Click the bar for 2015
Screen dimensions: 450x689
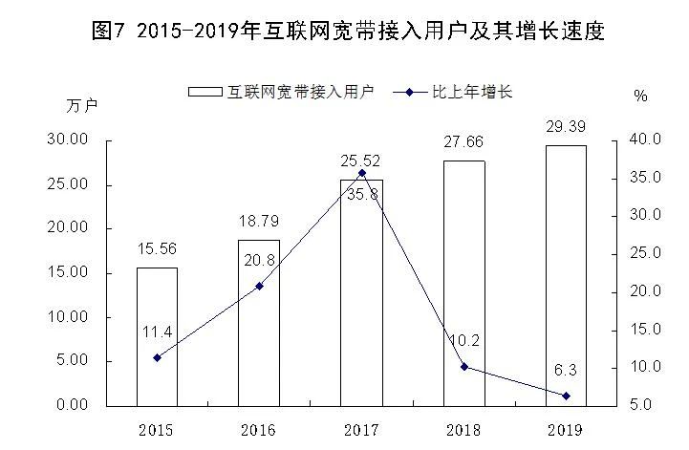157,335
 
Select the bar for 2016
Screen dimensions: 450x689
258,322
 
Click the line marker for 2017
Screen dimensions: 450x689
361,173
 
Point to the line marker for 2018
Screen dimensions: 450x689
464,367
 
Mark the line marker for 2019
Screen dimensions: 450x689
566,396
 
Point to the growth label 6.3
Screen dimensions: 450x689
566,369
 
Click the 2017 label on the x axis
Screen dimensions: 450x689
361,429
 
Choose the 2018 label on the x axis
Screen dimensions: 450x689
464,429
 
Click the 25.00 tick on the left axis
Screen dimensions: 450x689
68,184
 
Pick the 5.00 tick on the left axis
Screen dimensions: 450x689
72,361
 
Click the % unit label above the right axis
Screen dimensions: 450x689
639,96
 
